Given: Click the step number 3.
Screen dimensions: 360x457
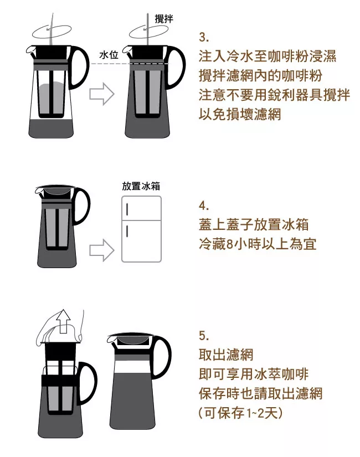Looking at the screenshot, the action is pos(204,37).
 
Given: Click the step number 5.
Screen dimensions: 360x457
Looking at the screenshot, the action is pos(204,336).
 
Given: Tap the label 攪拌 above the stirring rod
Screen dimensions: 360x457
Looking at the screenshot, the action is pos(164,19).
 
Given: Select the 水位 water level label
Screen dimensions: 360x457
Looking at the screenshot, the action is pos(109,55).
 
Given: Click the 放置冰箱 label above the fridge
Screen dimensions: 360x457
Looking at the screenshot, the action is pos(141,186).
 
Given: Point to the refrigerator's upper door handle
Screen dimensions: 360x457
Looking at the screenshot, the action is pos(127,209).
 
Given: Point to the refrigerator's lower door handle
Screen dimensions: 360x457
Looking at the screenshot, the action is pos(127,230).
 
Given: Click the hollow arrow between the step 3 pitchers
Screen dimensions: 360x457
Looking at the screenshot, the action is pos(102,94).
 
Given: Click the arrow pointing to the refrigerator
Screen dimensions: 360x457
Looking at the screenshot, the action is pos(102,250).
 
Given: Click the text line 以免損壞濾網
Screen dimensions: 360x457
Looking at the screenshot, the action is pos(240,114).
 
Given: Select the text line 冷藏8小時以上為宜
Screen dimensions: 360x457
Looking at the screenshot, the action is pos(258,244).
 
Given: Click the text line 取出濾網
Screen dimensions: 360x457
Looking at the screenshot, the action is pos(226,355).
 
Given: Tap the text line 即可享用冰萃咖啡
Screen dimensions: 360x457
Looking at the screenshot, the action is pos(254,374).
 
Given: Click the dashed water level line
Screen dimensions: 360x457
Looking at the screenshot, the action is pos(130,64).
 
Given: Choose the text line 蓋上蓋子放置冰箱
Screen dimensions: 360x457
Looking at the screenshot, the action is pos(254,225).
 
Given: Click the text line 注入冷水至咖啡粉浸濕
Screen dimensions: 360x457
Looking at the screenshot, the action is pos(268,56).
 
